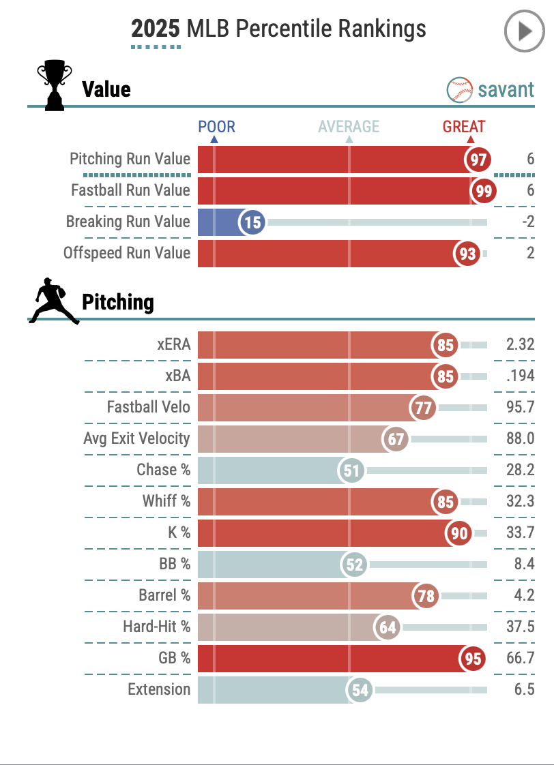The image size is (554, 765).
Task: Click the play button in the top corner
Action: pyautogui.click(x=524, y=31)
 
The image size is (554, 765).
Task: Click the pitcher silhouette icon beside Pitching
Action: pyautogui.click(x=52, y=301)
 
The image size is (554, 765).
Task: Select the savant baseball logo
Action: pyautogui.click(x=460, y=89)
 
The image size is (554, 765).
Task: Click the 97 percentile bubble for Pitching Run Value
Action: pyautogui.click(x=478, y=160)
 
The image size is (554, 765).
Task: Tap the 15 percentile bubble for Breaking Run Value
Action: pyautogui.click(x=252, y=223)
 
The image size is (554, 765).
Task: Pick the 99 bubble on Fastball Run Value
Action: pyautogui.click(x=484, y=192)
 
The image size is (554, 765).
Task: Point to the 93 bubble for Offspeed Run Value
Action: pyautogui.click(x=467, y=254)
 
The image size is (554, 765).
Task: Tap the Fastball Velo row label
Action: pyautogui.click(x=148, y=407)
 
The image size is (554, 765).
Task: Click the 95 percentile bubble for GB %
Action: pyautogui.click(x=473, y=659)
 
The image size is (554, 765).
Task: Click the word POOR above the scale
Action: pyautogui.click(x=216, y=127)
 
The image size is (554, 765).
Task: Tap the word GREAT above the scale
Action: pyautogui.click(x=464, y=127)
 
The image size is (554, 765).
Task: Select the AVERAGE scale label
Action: pyautogui.click(x=349, y=127)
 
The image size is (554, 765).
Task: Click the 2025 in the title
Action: pyautogui.click(x=156, y=29)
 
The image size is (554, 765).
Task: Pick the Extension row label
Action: pyautogui.click(x=159, y=689)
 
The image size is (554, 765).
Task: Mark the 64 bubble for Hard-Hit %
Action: pyautogui.click(x=388, y=627)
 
